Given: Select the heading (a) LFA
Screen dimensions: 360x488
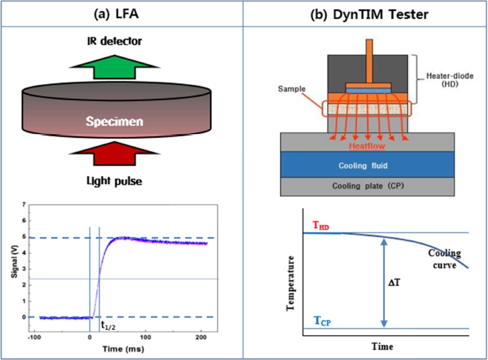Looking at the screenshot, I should [x=121, y=11].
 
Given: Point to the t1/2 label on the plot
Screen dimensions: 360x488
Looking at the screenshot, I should [x=108, y=323].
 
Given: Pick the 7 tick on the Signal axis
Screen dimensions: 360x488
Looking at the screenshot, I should [x=26, y=205].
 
